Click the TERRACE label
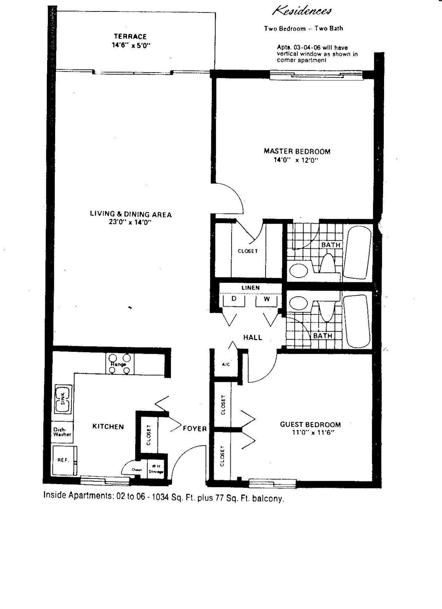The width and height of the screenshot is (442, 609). pos(130,36)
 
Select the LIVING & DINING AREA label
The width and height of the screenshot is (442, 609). pos(131,214)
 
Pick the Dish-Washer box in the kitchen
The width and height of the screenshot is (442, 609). pos(62,432)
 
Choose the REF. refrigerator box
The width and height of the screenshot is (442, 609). pos(63,460)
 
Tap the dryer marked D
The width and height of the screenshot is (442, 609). pos(234,300)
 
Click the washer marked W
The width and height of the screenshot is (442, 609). pos(266,300)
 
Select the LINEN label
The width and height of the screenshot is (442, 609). pos(251,287)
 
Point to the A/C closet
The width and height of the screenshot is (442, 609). pos(226,364)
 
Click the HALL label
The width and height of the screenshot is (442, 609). pos(253,337)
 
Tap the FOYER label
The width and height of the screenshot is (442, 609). pos(195,429)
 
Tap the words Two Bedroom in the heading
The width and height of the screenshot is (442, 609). pos(285,29)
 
